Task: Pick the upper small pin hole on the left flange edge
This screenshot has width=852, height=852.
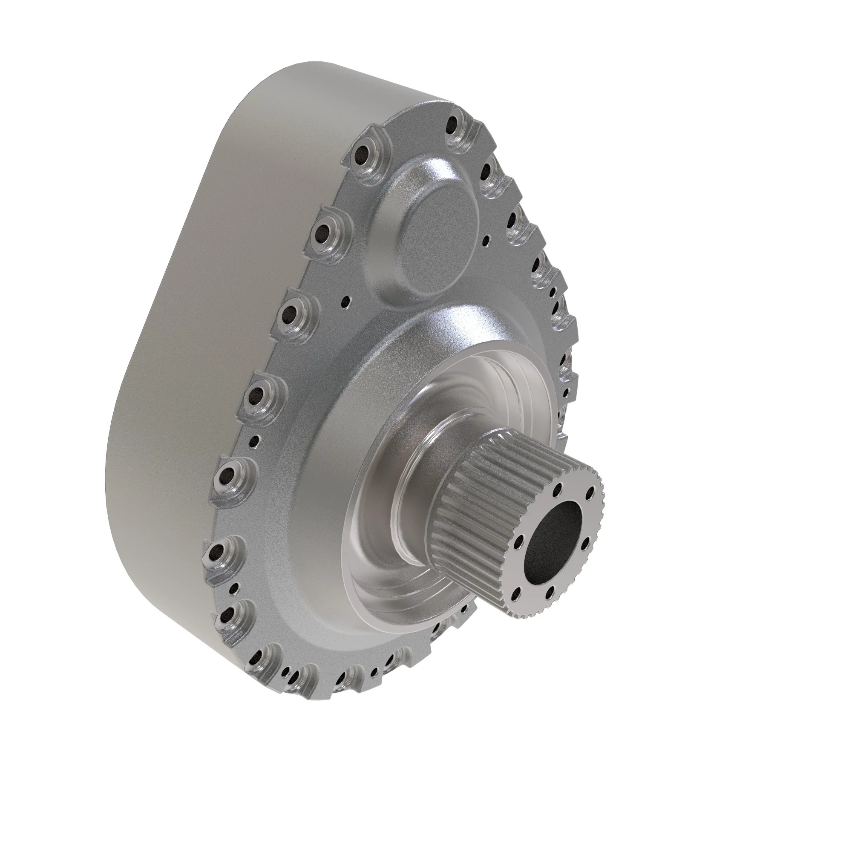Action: point(254,428)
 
